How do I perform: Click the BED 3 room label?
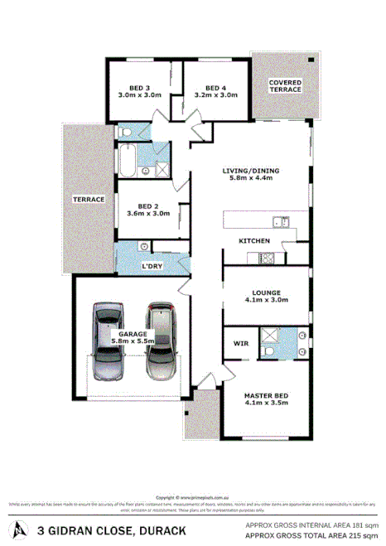click(140, 87)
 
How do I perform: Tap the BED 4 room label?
click(215, 87)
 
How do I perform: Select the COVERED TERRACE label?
click(285, 86)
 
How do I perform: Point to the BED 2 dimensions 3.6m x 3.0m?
click(148, 213)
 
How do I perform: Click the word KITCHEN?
click(254, 240)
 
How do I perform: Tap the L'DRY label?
click(152, 266)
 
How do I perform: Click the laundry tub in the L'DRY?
click(145, 246)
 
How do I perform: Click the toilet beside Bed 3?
click(124, 132)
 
